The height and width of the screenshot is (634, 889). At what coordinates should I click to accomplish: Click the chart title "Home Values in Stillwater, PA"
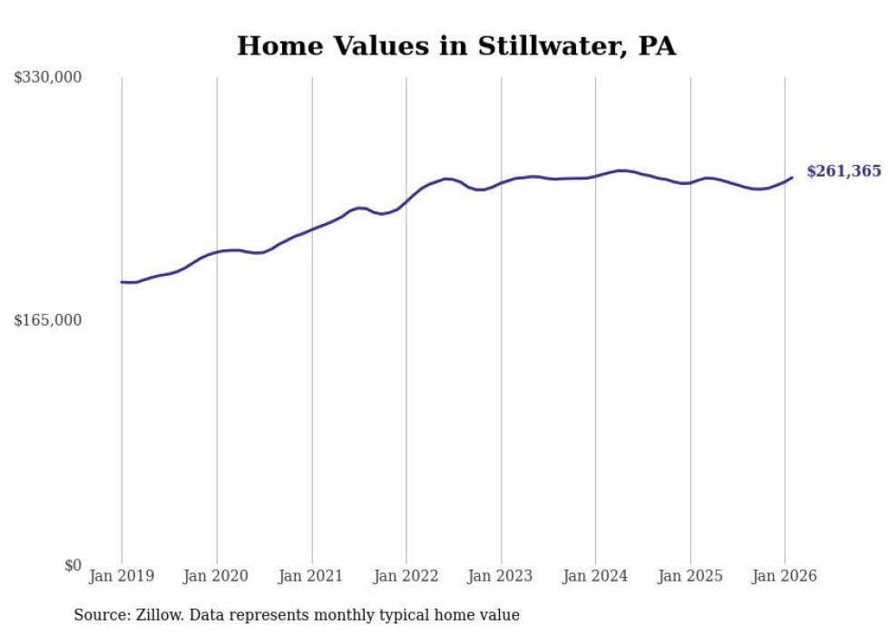[x=456, y=46]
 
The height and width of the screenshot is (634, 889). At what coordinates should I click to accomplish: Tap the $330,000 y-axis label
[x=48, y=78]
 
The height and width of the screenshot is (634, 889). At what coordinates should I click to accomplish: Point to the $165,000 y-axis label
[x=48, y=320]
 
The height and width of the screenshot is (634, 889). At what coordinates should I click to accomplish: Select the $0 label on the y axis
[x=73, y=565]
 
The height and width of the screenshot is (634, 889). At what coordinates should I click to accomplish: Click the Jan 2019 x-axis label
[x=122, y=576]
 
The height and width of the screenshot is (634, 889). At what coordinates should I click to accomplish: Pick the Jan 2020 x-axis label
[x=217, y=576]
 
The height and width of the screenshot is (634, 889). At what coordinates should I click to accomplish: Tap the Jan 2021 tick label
[x=311, y=576]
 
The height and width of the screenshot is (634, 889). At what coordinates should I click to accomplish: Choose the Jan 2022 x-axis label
[x=406, y=576]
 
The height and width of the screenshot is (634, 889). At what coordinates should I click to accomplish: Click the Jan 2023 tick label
[x=501, y=576]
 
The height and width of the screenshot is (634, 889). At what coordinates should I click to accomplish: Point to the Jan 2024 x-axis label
[x=595, y=576]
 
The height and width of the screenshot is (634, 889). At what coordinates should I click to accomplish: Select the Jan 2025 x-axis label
[x=690, y=576]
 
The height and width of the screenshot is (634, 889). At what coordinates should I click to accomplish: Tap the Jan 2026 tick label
[x=785, y=576]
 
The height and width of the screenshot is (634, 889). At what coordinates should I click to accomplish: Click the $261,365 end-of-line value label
[x=844, y=171]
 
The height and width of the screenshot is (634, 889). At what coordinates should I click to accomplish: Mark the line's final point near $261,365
[x=792, y=177]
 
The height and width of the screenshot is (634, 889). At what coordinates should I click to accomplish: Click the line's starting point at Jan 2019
[x=122, y=282]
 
